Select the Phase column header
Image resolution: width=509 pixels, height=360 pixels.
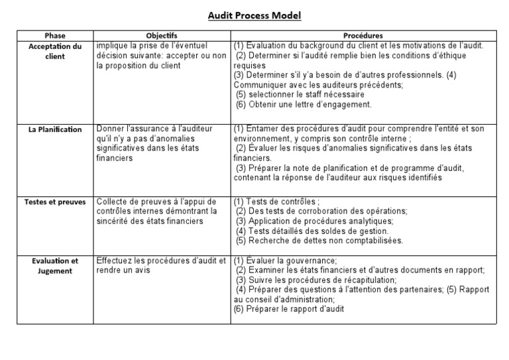(x=54, y=36)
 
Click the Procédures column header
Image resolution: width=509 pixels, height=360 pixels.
(x=363, y=36)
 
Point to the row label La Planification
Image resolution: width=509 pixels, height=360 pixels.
(x=54, y=130)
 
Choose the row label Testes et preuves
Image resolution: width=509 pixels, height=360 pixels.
(x=55, y=202)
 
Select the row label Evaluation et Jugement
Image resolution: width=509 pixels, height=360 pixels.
(x=56, y=266)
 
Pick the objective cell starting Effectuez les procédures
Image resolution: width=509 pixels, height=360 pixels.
(x=161, y=265)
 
